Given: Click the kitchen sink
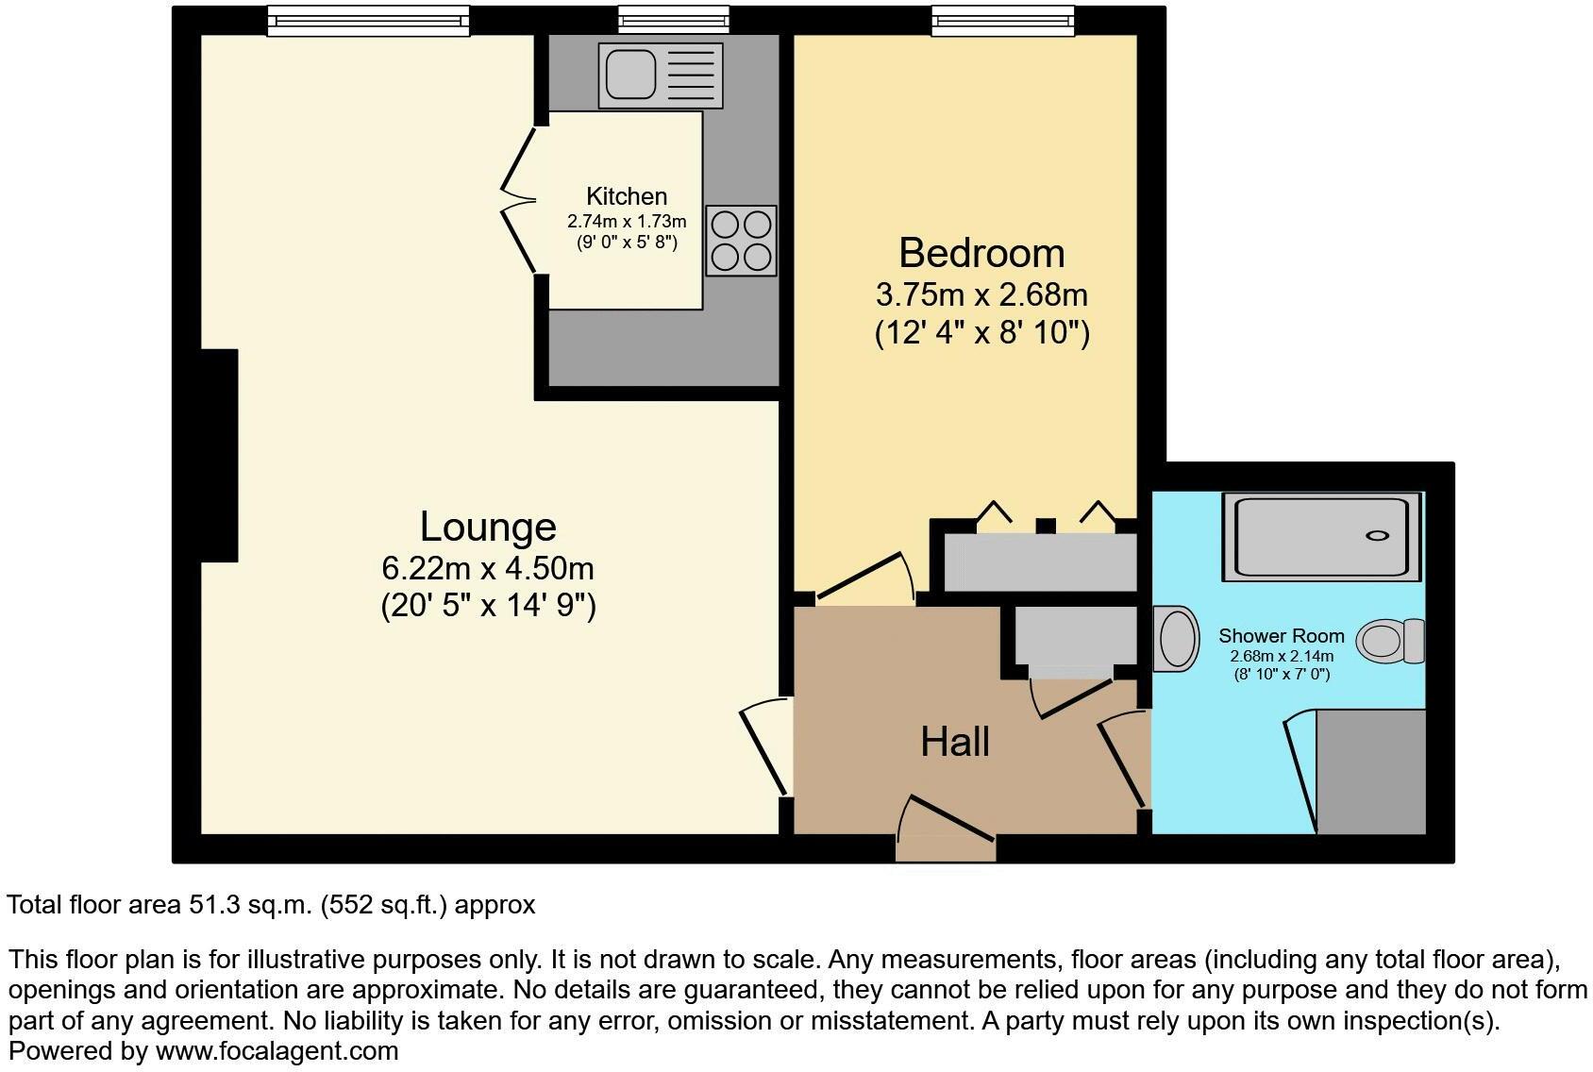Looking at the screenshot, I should [x=660, y=75].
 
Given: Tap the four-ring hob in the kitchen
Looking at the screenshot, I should [x=741, y=241].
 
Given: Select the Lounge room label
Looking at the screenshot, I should [x=488, y=527].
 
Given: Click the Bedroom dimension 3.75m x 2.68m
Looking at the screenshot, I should [x=981, y=295].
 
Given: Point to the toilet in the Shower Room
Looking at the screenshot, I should [x=1390, y=641].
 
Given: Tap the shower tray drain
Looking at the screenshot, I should [x=1377, y=536].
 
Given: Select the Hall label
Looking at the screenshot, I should [x=955, y=743].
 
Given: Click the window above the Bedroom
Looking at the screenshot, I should [x=1002, y=21].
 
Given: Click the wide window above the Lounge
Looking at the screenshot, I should [x=368, y=21].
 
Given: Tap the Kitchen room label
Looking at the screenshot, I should [x=627, y=196].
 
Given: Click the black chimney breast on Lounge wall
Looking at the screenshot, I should [x=219, y=456].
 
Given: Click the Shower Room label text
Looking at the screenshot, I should [x=1281, y=636].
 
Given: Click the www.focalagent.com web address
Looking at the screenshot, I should [x=277, y=1050].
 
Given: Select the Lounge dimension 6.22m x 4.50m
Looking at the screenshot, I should [x=488, y=569].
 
